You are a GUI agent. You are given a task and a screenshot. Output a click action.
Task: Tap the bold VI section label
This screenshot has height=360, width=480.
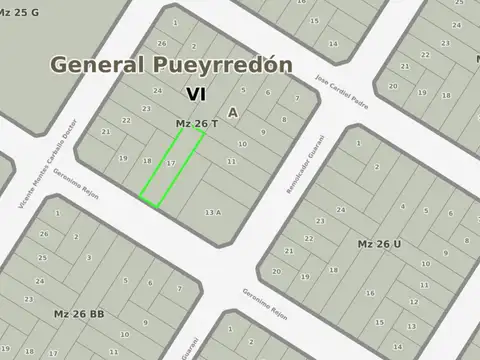pyautogui.click(x=196, y=93)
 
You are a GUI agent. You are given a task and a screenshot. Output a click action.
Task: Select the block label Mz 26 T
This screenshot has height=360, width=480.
pyautogui.click(x=197, y=123)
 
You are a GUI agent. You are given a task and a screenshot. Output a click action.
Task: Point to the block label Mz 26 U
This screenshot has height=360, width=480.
pyautogui.click(x=379, y=243)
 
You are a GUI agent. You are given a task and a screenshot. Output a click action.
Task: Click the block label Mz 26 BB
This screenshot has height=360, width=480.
pyautogui.click(x=79, y=313)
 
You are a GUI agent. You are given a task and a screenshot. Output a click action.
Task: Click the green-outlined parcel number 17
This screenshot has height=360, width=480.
pyautogui.click(x=171, y=162)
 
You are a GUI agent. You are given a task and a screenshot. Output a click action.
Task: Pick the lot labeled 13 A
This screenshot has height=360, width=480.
pyautogui.click(x=212, y=212)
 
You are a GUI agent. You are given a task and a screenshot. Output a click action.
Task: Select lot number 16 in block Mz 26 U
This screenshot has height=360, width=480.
pyautogui.click(x=369, y=293)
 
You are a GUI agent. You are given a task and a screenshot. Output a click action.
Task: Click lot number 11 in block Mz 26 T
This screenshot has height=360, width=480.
pyautogui.click(x=231, y=160)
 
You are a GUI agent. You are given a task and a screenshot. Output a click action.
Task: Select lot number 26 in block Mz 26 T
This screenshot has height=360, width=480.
pyautogui.click(x=162, y=44)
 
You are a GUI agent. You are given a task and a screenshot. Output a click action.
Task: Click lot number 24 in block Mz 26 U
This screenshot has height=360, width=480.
pyautogui.click(x=340, y=210)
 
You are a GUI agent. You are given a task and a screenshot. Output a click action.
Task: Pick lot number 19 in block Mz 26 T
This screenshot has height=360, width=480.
pyautogui.click(x=123, y=158)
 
